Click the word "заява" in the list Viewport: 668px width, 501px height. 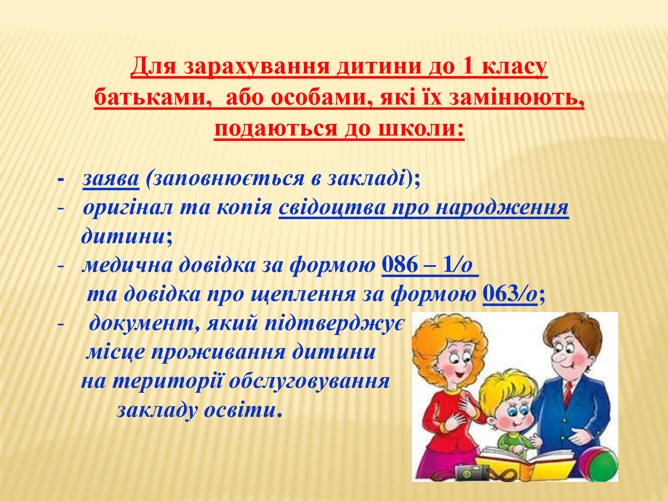pos(111,179)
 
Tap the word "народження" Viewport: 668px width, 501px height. pos(502,208)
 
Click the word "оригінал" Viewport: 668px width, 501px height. pos(128,208)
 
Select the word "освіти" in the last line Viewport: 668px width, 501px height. pos(240,410)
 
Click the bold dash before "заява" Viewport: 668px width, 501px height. pos(60,179)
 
